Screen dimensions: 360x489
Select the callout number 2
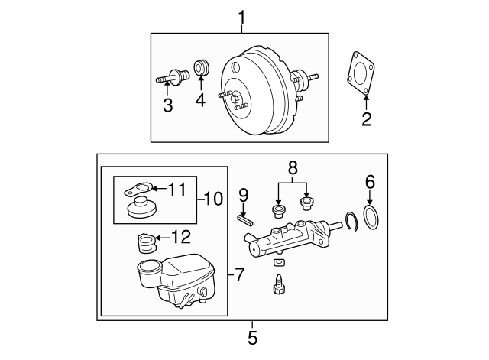[366, 118]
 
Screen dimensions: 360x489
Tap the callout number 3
[167, 105]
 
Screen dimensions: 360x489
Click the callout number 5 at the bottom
[253, 337]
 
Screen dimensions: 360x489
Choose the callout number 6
[371, 181]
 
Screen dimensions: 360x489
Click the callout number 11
[176, 188]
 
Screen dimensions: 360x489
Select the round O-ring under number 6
[371, 219]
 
